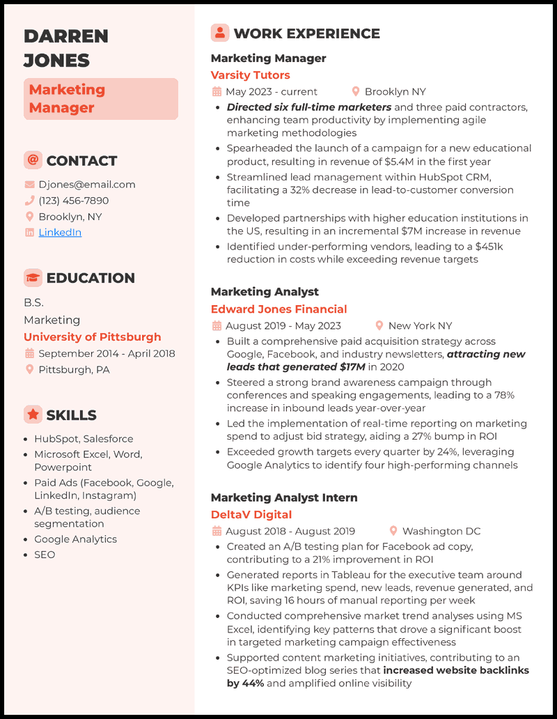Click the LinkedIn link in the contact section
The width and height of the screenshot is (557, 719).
point(60,233)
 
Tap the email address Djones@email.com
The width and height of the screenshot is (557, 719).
point(87,185)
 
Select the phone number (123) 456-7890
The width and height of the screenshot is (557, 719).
point(74,201)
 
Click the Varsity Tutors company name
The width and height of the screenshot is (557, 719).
point(250,75)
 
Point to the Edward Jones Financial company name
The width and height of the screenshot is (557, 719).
point(278,309)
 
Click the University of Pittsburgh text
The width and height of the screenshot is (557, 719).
point(93,337)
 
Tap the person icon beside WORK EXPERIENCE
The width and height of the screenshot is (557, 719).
point(220,33)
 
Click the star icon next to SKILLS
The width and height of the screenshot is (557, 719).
point(33,415)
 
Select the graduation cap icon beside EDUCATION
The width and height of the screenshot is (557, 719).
point(33,277)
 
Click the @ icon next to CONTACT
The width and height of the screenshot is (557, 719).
point(33,160)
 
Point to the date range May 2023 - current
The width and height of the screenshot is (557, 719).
point(271,92)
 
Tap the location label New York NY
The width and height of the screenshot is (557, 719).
point(420,325)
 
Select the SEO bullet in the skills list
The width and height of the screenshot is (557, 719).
point(45,555)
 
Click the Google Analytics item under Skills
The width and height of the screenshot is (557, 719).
point(75,539)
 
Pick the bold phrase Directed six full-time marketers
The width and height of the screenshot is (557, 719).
point(309,107)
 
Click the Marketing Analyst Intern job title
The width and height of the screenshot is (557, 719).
point(284,497)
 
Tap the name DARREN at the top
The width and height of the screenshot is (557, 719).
point(66,36)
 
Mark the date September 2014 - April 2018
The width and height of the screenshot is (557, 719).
point(107,354)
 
